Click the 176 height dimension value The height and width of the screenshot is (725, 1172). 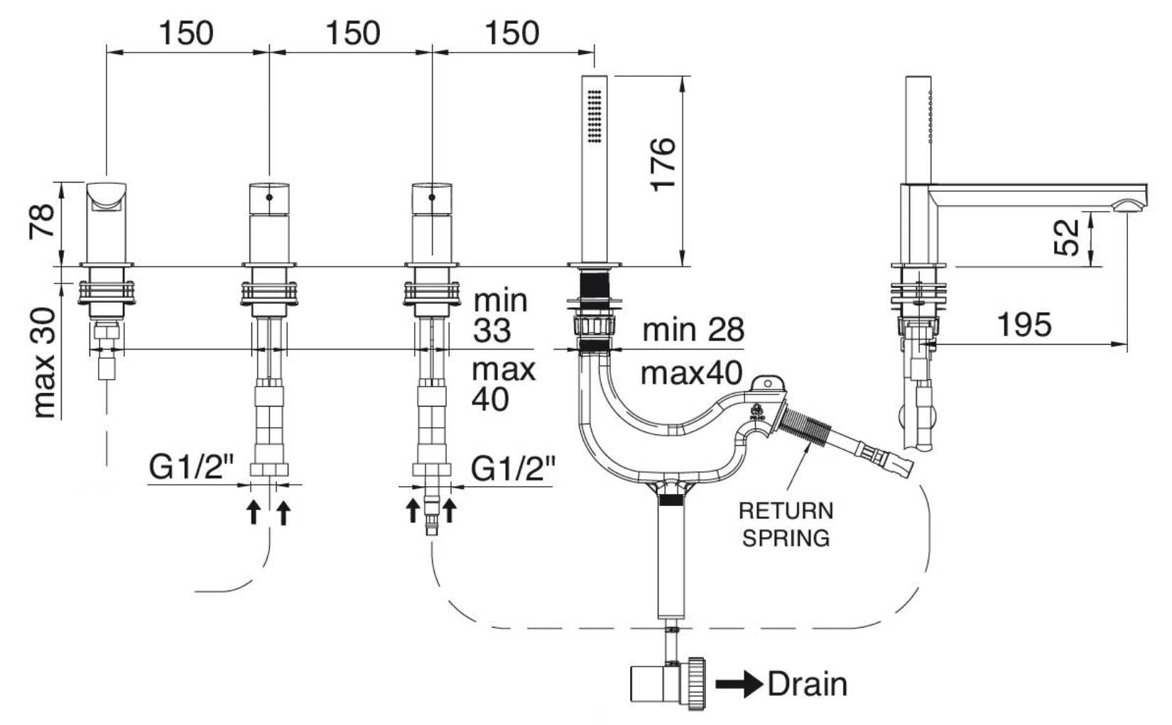point(662,164)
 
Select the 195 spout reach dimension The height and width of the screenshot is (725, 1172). point(1024,325)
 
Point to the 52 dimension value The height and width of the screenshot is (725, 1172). point(1067,237)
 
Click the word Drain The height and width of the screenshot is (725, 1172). point(808,684)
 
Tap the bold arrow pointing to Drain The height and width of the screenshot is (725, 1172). point(739,684)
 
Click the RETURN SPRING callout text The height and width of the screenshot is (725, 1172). point(786,524)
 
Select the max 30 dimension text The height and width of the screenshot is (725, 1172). point(44,362)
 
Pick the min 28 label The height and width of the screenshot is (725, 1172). point(693,330)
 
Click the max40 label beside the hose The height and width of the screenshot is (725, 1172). point(691,372)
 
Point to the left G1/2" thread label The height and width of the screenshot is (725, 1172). point(191,468)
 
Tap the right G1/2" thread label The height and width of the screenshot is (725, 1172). point(514,468)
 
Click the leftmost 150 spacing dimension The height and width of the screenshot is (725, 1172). point(185,33)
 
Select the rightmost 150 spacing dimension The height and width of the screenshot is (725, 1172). point(512,33)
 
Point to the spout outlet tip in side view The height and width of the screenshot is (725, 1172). point(1129,206)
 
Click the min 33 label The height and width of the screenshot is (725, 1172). point(501,316)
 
